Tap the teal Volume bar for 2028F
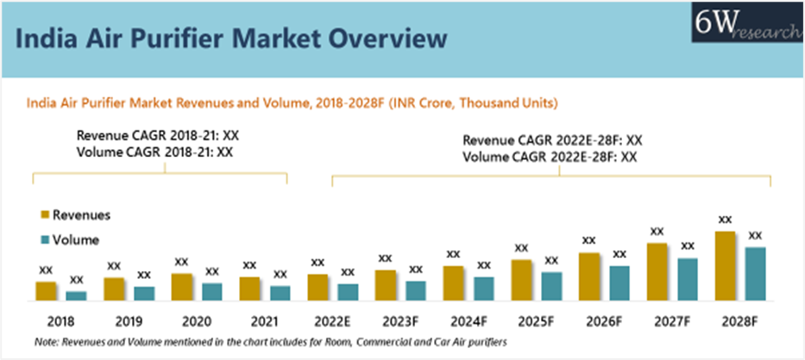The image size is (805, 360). click(756, 274)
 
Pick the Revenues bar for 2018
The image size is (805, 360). click(46, 291)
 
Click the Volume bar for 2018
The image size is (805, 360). click(76, 296)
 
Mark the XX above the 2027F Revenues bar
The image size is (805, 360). click(657, 231)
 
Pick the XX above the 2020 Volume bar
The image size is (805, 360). click(212, 271)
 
